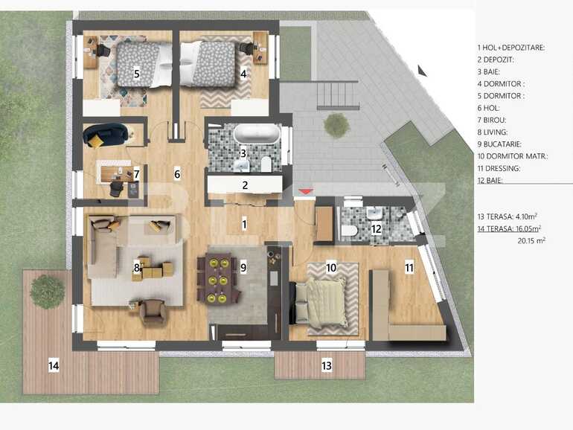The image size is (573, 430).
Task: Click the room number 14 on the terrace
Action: point(54,365)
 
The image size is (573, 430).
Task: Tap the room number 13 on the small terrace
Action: point(327,365)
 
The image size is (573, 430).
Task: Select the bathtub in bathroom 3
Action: point(257,135)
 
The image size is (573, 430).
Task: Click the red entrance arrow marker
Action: point(305,193)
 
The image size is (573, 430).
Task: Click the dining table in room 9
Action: point(218,279)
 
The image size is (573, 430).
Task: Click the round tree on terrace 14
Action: point(47,292)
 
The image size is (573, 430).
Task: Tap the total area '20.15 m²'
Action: point(530,241)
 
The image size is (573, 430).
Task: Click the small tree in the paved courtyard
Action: point(336,124)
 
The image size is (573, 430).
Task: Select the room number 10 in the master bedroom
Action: point(331,266)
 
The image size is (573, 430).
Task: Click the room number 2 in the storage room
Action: point(244,185)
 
